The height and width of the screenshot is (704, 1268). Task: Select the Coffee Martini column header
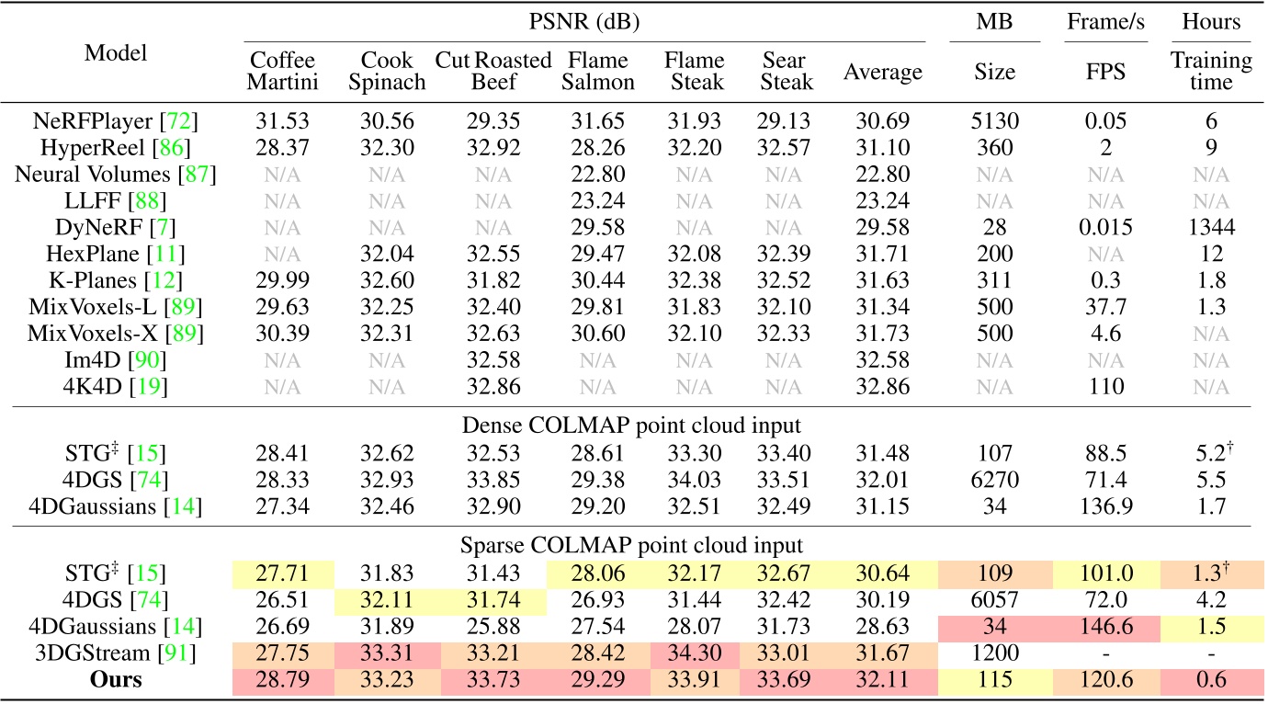(x=283, y=71)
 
